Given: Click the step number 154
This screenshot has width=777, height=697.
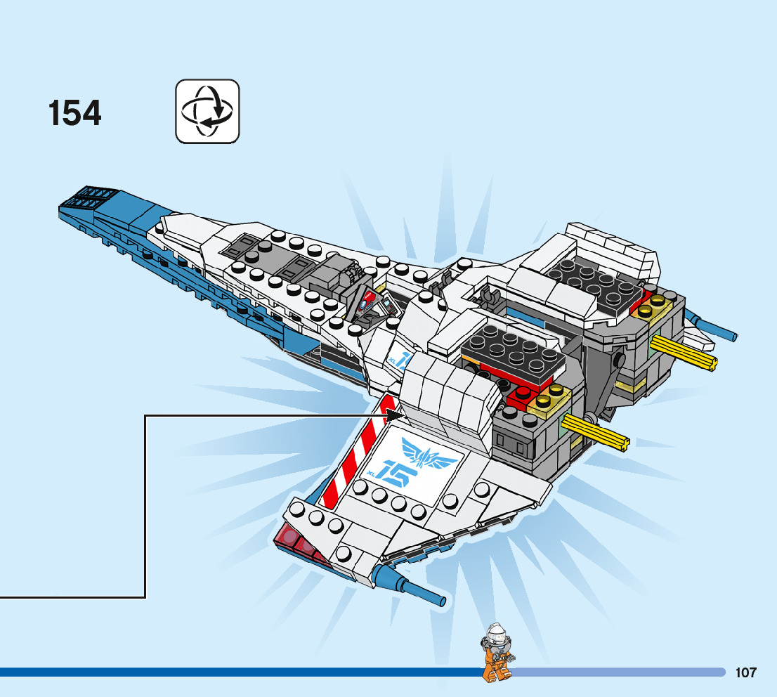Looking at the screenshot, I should [75, 113].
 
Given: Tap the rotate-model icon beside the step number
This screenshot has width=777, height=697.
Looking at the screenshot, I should [207, 111].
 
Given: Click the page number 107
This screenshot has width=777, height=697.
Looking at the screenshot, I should [745, 672].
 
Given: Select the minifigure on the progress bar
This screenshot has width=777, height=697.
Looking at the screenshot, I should [497, 653].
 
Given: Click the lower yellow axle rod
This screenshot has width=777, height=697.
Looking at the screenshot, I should [595, 431].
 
